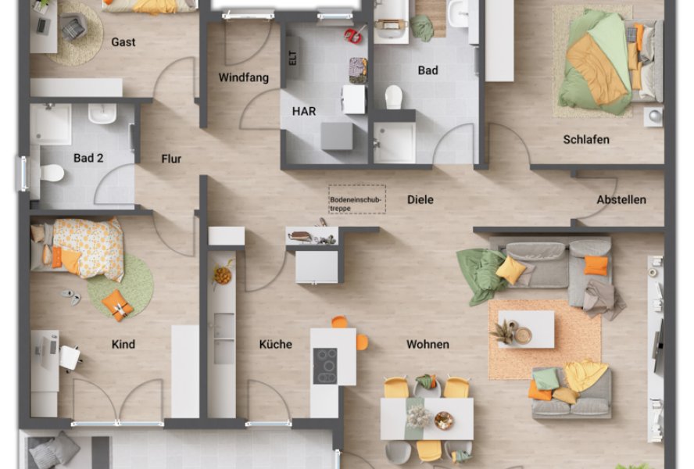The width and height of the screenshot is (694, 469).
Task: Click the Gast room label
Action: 123,42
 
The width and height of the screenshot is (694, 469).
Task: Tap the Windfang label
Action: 243,78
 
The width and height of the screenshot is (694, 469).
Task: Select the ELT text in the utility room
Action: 292,58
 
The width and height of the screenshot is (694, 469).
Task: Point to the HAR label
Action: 304,111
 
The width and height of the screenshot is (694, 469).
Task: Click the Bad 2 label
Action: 88,158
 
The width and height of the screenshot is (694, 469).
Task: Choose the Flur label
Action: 171,159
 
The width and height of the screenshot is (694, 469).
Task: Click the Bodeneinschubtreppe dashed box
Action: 356,199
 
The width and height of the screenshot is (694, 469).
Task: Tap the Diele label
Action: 420,200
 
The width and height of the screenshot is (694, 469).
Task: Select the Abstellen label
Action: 621,200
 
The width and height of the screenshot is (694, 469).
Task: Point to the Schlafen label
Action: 586,139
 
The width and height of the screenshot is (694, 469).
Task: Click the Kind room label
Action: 123,344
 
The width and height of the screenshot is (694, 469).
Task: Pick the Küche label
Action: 275,344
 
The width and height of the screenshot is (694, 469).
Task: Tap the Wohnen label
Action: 427,344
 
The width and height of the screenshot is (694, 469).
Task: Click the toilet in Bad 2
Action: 52,173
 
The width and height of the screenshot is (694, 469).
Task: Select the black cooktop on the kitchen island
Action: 325,366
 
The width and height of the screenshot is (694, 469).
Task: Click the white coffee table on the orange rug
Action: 526,329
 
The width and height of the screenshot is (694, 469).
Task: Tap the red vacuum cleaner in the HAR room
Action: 353,34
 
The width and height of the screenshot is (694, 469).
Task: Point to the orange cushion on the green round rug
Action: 117,305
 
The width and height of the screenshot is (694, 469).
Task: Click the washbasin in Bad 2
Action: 102,113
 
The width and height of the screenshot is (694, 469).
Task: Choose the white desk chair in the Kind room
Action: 70,357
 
